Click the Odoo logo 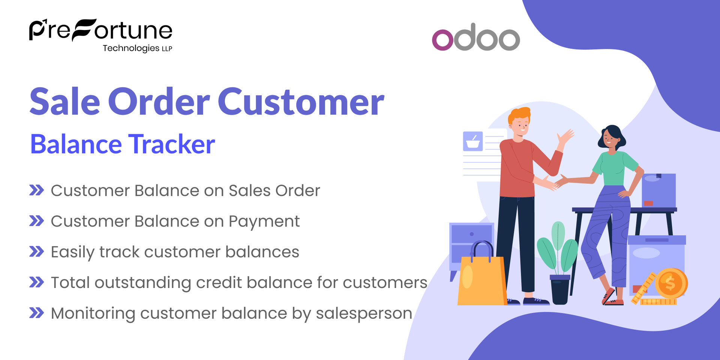475,37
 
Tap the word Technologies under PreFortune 131,48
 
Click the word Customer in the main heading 301,102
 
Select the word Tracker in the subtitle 172,144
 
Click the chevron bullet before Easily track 37,252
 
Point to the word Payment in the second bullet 264,222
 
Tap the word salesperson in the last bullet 364,313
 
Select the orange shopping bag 481,279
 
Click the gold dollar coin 670,283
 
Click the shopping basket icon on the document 472,141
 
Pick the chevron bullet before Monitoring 37,313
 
